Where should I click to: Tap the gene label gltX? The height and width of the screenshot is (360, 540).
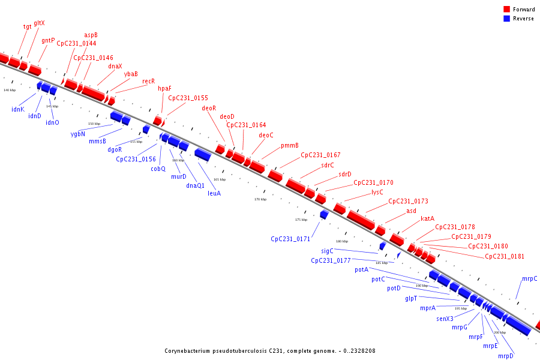[x=39, y=23]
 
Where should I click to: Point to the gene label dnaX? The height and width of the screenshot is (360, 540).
[x=115, y=66]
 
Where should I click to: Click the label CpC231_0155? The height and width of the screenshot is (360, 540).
[x=188, y=98]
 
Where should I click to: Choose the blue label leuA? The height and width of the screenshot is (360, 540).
[x=214, y=193]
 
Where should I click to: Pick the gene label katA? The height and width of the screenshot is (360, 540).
[x=427, y=218]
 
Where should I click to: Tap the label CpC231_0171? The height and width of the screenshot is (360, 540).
[x=290, y=239]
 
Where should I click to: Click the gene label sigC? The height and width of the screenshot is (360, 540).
[x=327, y=251]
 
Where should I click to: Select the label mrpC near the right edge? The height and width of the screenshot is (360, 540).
[x=529, y=278]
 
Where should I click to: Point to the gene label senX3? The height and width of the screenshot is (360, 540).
[x=445, y=319]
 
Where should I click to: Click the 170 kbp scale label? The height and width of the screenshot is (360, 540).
[x=260, y=199]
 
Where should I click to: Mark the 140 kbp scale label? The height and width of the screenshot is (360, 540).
[x=10, y=90]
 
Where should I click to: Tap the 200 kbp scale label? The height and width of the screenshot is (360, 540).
[x=500, y=332]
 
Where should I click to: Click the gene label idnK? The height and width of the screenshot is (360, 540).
[x=17, y=109]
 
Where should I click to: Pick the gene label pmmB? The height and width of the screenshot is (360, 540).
[x=290, y=145]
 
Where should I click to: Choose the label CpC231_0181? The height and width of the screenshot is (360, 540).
[x=505, y=256]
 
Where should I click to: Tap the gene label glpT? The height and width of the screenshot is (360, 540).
[x=411, y=298]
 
